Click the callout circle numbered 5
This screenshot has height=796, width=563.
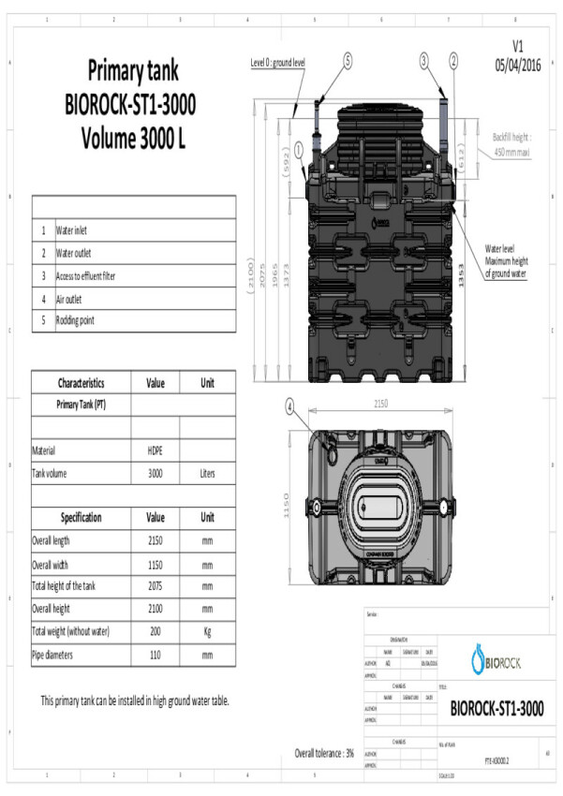pyautogui.click(x=348, y=60)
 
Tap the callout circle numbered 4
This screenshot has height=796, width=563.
pyautogui.click(x=289, y=405)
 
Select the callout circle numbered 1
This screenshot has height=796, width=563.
pyautogui.click(x=298, y=148)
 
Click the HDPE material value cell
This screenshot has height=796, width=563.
pyautogui.click(x=156, y=450)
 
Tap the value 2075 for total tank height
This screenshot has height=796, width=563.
pyautogui.click(x=156, y=586)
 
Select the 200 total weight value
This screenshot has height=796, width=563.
pyautogui.click(x=156, y=632)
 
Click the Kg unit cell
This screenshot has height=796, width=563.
pyautogui.click(x=207, y=632)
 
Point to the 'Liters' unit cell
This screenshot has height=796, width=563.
pyautogui.click(x=207, y=474)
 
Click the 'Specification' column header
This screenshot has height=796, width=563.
pyautogui.click(x=81, y=518)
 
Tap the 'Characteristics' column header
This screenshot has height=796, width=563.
pyautogui.click(x=81, y=383)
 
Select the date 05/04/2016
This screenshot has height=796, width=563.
pyautogui.click(x=518, y=66)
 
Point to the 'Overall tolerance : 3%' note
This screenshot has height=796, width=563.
pyautogui.click(x=324, y=753)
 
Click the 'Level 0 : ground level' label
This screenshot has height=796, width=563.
pyautogui.click(x=278, y=63)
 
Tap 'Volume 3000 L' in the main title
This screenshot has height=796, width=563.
pyautogui.click(x=133, y=140)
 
